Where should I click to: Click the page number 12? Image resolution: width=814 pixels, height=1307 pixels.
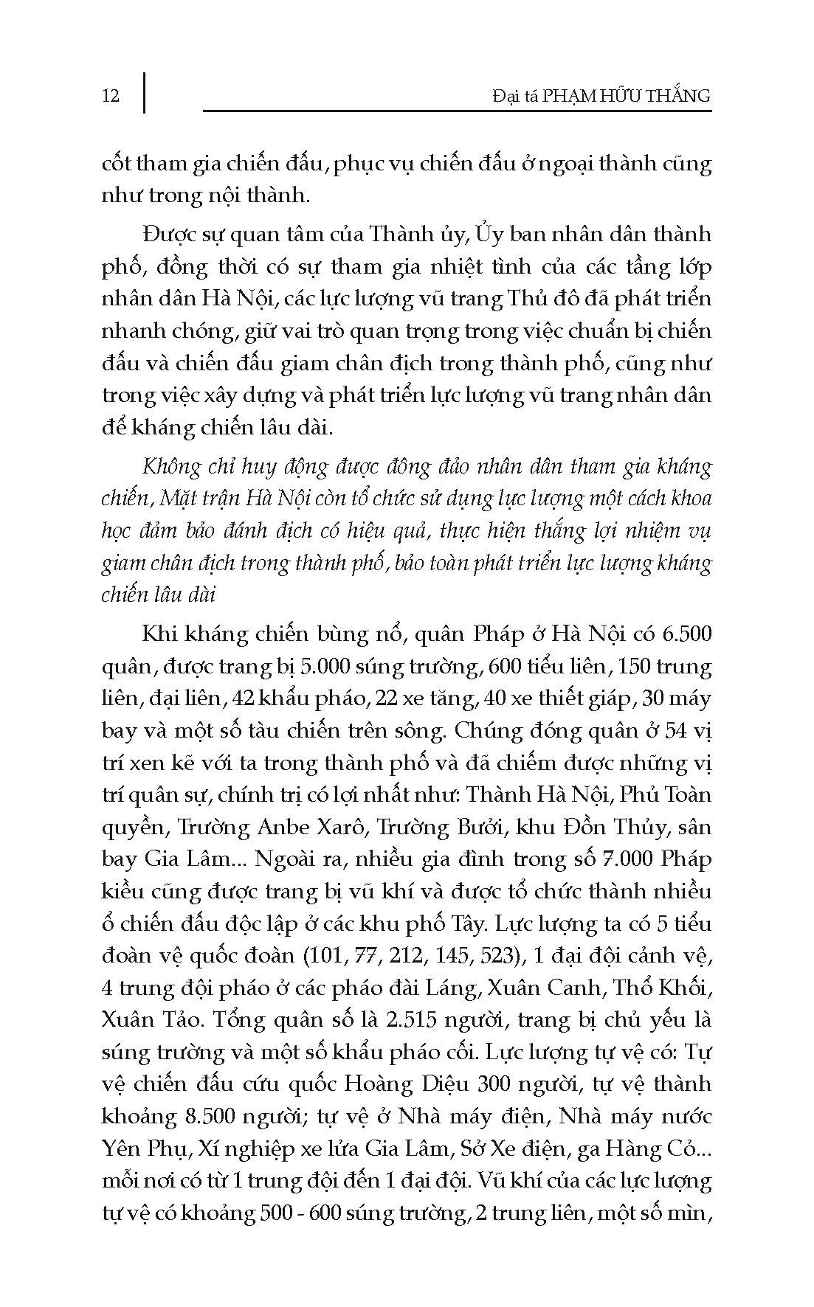(111, 96)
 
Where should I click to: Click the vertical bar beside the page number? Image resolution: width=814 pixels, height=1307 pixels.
(143, 91)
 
